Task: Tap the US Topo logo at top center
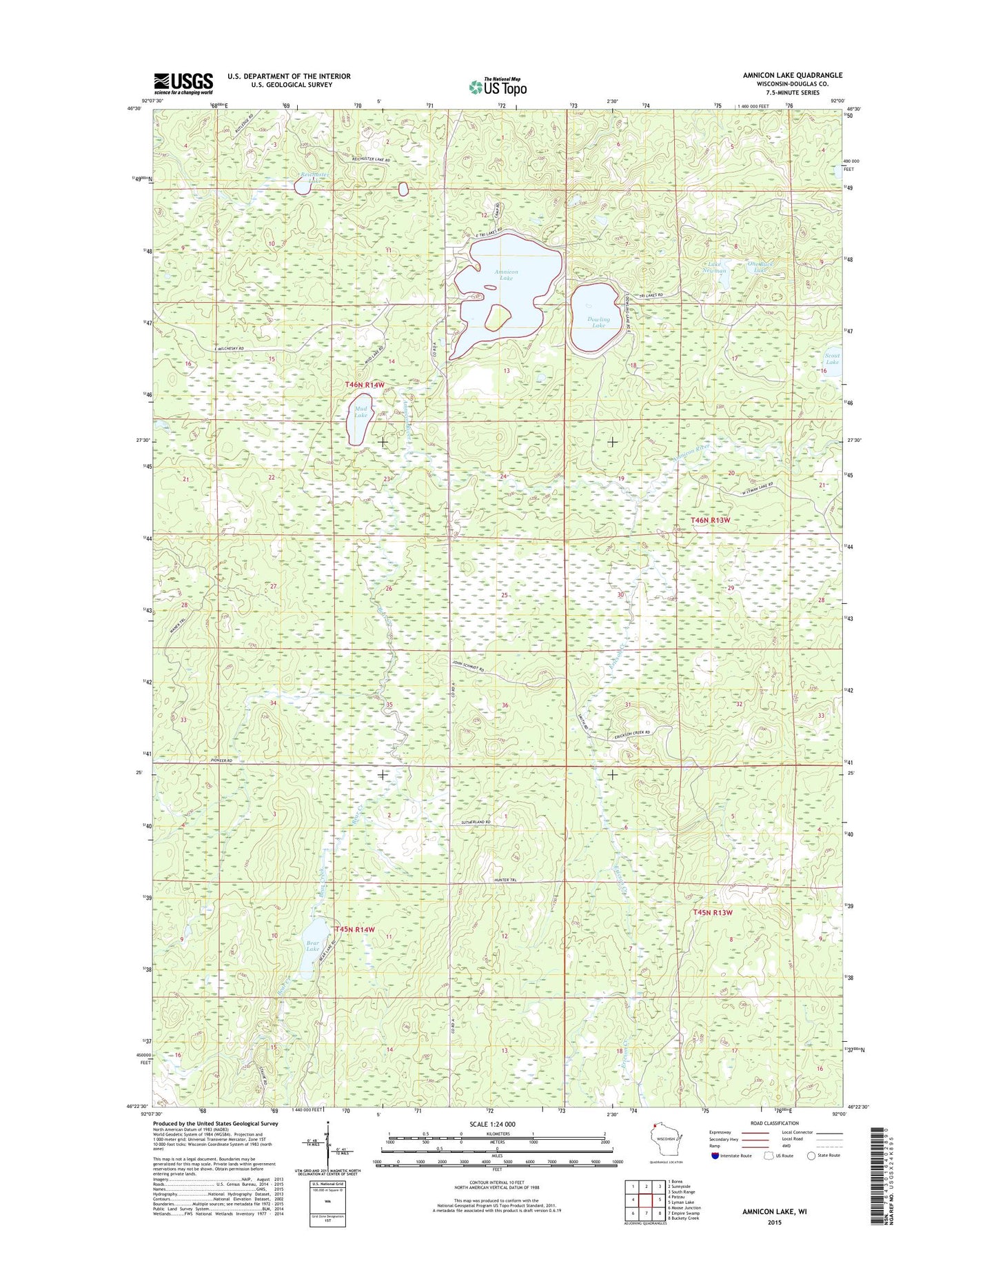tap(498, 86)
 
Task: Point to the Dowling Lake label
tap(598, 322)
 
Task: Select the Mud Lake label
tap(360, 412)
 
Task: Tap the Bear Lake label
tap(312, 946)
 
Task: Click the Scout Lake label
tap(832, 359)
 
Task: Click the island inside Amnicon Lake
tap(497, 318)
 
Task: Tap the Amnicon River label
tap(683, 453)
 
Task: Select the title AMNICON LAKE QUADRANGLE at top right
tap(792, 75)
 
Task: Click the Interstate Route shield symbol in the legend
tap(715, 1156)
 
